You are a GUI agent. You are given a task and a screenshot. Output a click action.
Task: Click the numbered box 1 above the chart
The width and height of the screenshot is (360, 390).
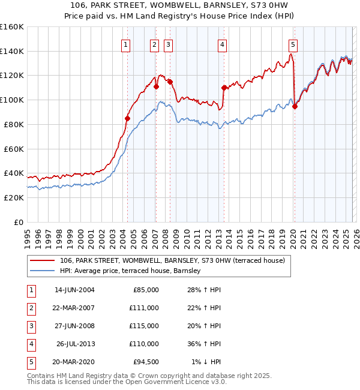[126, 44]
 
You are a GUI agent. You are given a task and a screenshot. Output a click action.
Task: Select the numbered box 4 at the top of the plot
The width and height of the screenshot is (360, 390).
[222, 44]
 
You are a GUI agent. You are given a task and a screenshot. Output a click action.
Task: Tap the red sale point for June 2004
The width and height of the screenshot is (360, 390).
[127, 118]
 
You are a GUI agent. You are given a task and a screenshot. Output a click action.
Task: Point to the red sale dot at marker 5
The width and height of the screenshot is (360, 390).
[295, 107]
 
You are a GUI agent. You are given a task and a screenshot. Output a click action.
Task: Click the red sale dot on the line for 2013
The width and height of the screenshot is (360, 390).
[224, 88]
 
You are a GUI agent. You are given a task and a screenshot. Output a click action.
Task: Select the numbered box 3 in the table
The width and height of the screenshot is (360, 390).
[29, 326]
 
